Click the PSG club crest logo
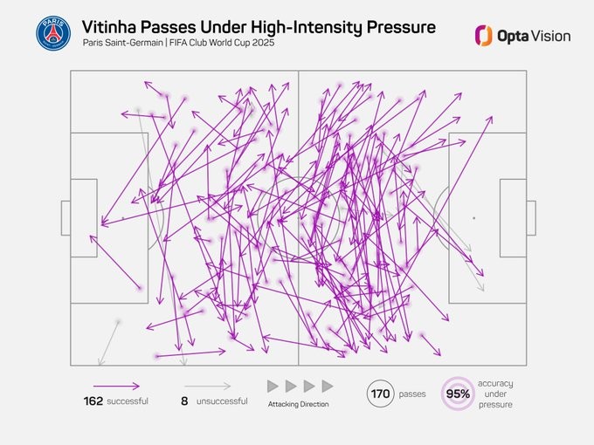point(53,33)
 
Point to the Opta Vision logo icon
point(483,35)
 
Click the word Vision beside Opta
point(551,36)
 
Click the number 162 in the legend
point(93,401)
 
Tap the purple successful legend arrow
point(117,385)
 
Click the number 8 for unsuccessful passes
point(184,401)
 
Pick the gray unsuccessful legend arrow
point(208,385)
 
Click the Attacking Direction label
point(299,404)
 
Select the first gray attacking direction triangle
point(273,386)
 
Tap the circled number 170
point(380,394)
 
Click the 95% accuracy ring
point(459,394)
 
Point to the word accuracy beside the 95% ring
point(495,383)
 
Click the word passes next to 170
point(412,394)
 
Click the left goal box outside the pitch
point(66,217)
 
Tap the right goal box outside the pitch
point(530,217)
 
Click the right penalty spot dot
point(473,217)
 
